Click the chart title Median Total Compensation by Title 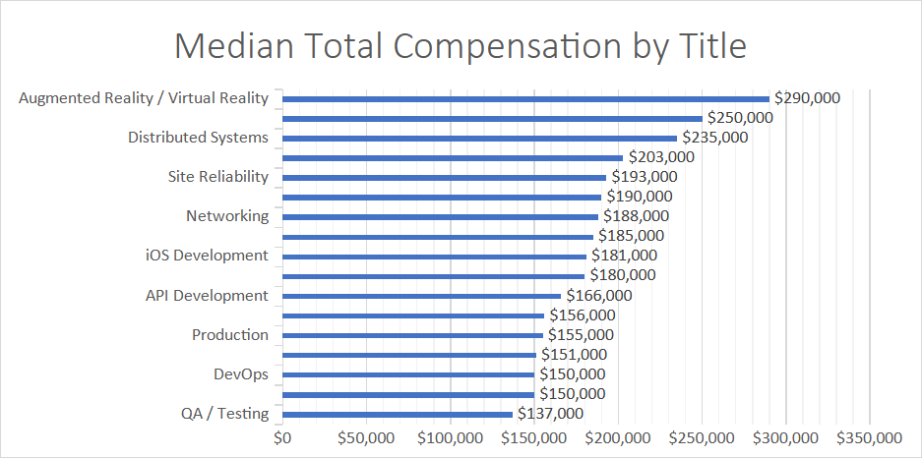click(x=461, y=46)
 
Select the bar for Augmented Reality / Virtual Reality click(x=525, y=98)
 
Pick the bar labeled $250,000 click(x=492, y=118)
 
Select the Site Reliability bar click(x=444, y=177)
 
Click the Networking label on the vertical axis click(x=226, y=216)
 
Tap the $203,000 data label click(x=661, y=157)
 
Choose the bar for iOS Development click(x=434, y=256)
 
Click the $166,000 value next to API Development click(x=598, y=295)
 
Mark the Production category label click(x=229, y=334)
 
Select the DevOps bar click(x=408, y=373)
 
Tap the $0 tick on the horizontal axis click(x=283, y=436)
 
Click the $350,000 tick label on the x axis click(x=869, y=436)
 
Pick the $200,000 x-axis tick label click(x=618, y=436)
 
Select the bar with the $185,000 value click(x=438, y=236)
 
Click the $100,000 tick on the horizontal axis click(x=451, y=436)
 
